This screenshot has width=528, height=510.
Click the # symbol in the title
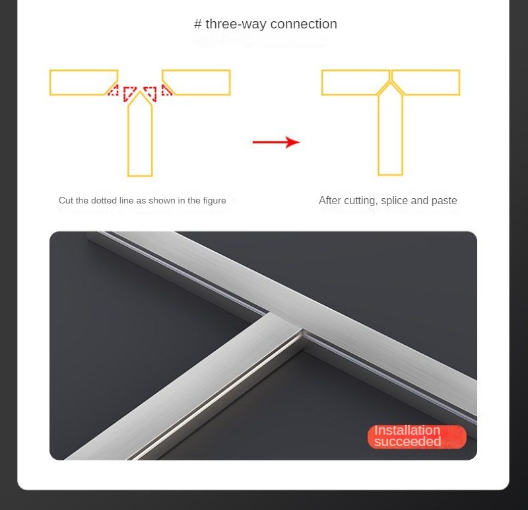pyautogui.click(x=198, y=24)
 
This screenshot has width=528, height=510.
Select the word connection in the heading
pyautogui.click(x=304, y=24)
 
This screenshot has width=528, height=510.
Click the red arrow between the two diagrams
pyautogui.click(x=276, y=142)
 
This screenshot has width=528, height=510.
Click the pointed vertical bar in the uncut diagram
pyautogui.click(x=140, y=139)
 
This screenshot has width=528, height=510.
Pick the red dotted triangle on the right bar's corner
pyautogui.click(x=166, y=91)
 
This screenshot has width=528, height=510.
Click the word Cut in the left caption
pyautogui.click(x=66, y=201)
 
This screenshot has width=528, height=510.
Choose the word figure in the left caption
pyautogui.click(x=214, y=201)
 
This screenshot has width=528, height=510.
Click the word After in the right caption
pyautogui.click(x=331, y=201)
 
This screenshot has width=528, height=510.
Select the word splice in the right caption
pyautogui.click(x=395, y=201)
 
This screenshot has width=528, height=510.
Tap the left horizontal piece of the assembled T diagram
pyautogui.click(x=353, y=83)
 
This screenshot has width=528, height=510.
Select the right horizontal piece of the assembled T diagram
pyautogui.click(x=428, y=83)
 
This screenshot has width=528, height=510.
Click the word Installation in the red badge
pyautogui.click(x=407, y=431)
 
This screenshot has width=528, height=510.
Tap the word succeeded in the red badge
pyautogui.click(x=407, y=442)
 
